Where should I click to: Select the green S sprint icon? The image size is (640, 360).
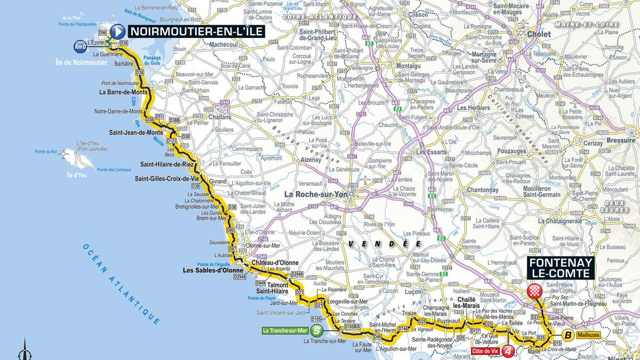click(x=317, y=330)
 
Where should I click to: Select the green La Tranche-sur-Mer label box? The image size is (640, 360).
click(x=285, y=330)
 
